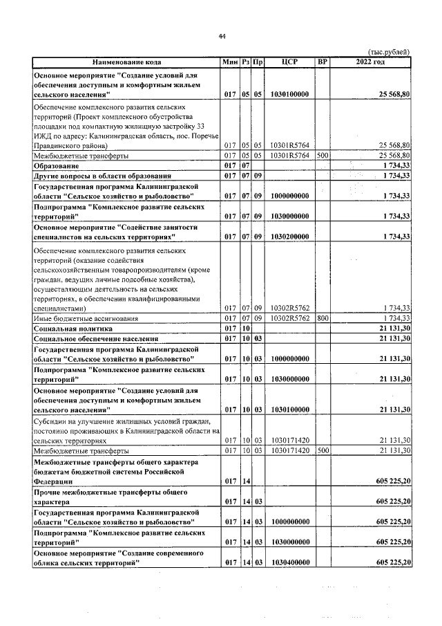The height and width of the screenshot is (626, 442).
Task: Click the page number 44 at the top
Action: (222, 37)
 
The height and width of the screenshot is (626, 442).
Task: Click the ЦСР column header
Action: (290, 63)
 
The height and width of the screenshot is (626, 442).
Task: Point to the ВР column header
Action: (322, 63)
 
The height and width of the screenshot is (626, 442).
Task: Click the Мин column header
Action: (230, 63)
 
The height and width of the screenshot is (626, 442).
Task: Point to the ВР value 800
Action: (322, 318)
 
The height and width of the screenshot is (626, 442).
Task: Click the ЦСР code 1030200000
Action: (290, 237)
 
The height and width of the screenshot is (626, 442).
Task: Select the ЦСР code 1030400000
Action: (290, 564)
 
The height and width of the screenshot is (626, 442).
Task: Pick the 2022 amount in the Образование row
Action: (396, 166)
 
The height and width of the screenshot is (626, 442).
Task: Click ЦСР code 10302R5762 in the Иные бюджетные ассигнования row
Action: (290, 318)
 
